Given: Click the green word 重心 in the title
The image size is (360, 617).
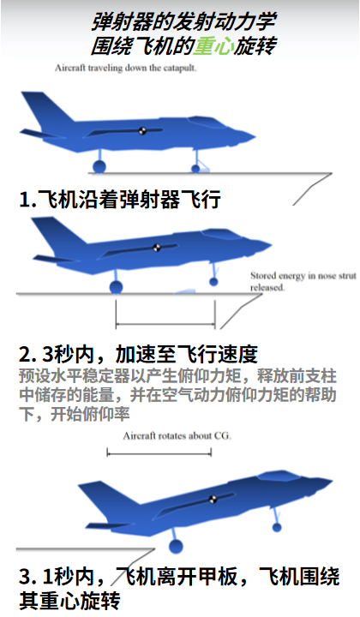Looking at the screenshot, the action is tap(213, 46).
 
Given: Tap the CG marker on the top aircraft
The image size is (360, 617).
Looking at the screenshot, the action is tap(142, 130).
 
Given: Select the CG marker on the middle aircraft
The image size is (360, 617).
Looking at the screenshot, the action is tap(157, 248).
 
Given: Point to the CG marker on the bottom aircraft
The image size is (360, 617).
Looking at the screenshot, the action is tap(213, 500).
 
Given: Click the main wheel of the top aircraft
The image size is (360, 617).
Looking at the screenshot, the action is tap(99, 166).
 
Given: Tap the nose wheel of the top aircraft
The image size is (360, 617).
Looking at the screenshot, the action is tap(195, 169).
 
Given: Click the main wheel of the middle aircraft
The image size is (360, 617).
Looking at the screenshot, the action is tap(116, 287).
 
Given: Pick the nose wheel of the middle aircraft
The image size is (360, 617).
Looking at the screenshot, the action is tap(213, 282).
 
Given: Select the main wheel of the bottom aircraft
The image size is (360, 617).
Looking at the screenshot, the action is tap(176, 547).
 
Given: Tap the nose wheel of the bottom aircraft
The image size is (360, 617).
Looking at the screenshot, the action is tap(277, 527).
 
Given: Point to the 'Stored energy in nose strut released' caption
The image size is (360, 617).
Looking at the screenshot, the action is tap(303, 281).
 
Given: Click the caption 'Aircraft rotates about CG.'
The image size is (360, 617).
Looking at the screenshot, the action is tap(177, 436).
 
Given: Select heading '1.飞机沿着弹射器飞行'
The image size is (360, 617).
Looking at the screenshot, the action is tap(120, 199).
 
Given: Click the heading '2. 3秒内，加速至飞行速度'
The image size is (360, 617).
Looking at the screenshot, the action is tap(138, 354).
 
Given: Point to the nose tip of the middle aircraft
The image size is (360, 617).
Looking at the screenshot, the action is tap(272, 246).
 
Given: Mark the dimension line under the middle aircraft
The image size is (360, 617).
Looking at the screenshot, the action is tap(165, 325).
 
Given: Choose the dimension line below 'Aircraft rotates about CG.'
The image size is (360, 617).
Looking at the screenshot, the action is tap(159, 453).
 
